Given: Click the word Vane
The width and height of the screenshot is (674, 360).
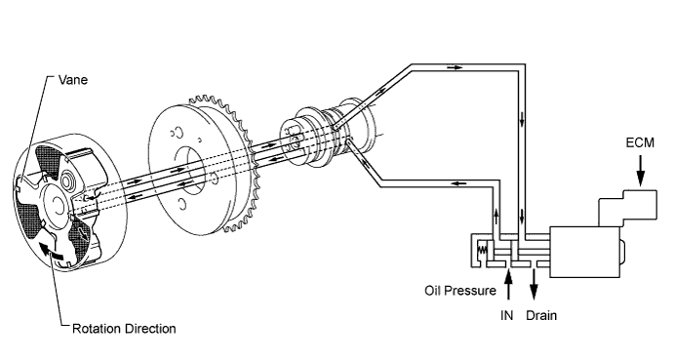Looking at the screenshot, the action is point(72,80).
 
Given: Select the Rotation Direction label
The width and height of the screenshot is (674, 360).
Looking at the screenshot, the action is point(124,329).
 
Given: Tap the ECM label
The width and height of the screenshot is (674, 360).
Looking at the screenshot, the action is point(640,142).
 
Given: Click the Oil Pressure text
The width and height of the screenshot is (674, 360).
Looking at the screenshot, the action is point(460,291).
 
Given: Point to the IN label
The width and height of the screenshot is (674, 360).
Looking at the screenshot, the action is point(507,315).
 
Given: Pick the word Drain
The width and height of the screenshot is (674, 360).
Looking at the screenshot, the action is point(541,315).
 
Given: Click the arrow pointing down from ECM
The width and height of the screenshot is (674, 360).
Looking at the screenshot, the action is point(641,171).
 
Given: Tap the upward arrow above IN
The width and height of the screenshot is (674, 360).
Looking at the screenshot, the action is point(508,284).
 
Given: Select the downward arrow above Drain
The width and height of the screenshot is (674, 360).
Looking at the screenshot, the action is point(534,284).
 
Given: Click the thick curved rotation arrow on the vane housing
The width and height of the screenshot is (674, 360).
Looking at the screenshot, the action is point(51,251).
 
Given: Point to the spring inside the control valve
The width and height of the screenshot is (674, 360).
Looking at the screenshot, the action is point(482,249).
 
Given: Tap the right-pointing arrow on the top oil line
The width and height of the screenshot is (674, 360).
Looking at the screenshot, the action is point(455,67).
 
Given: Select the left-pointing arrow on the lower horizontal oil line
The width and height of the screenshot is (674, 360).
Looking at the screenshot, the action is point(459,183).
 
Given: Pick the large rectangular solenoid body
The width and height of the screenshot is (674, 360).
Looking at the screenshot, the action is point(584,252).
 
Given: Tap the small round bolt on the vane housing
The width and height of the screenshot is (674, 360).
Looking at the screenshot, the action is point(67,181).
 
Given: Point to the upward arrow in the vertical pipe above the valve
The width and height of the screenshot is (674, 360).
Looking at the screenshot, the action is point(496,216).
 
